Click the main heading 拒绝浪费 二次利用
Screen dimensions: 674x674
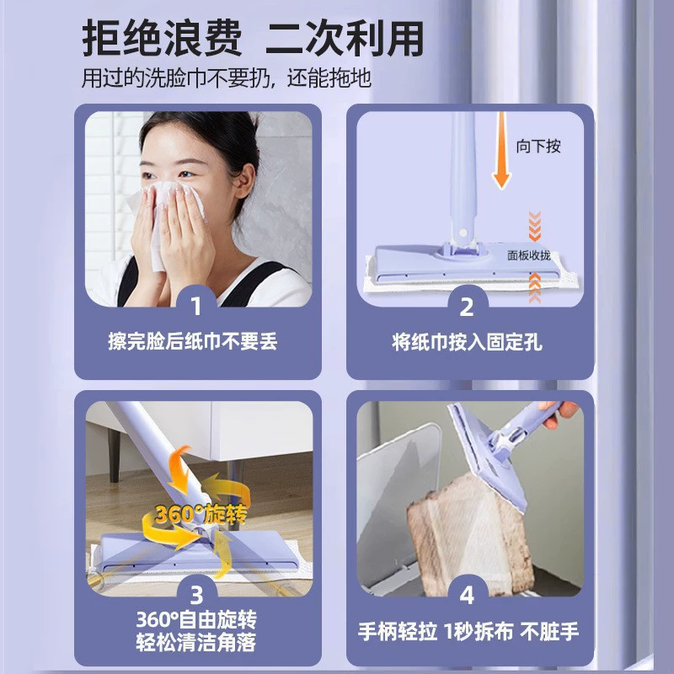click(x=253, y=38)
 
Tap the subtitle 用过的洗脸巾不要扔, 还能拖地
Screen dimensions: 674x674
click(x=226, y=78)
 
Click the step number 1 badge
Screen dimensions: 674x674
click(x=196, y=306)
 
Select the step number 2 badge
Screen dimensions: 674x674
click(x=467, y=307)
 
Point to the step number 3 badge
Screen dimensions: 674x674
click(x=196, y=596)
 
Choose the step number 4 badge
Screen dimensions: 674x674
click(x=467, y=596)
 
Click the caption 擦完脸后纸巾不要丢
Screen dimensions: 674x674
click(x=193, y=342)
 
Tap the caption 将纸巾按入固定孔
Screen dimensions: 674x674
click(x=467, y=343)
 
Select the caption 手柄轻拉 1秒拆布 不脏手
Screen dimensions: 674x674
click(x=468, y=631)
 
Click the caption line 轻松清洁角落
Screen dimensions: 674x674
click(x=196, y=642)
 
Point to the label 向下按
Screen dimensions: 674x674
click(x=538, y=146)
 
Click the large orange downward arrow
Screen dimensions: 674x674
click(x=501, y=151)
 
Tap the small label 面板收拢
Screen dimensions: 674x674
click(x=529, y=256)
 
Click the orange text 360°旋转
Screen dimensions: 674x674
click(x=201, y=514)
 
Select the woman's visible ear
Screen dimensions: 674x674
click(x=244, y=181)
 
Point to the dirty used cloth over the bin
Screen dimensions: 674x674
click(x=471, y=538)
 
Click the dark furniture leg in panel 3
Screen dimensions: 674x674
click(x=115, y=455)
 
